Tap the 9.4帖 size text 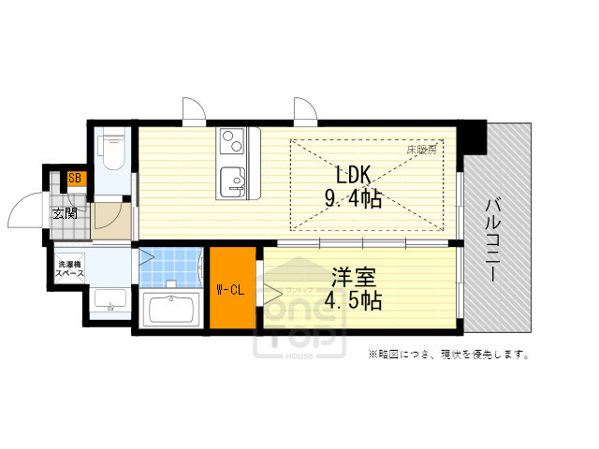353,198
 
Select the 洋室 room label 353,277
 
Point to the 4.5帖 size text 353,301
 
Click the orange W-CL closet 231,288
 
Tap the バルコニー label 496,240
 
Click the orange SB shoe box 75,179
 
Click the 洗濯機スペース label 70,268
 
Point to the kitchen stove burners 230,142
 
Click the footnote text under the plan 449,355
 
